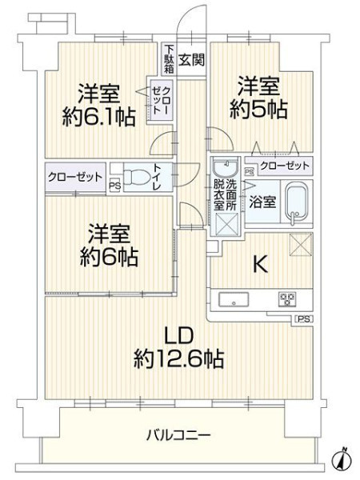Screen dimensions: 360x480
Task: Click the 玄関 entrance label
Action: pos(191,59)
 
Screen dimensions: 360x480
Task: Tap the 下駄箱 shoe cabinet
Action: pos(169,59)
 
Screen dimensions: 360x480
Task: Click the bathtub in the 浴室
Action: pos(295,203)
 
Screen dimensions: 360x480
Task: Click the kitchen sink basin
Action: pos(234,300)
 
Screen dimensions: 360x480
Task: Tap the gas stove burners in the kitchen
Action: pos(287,299)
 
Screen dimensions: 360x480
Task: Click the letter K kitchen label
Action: pos(261,264)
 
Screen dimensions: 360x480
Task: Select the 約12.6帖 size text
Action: pos(178,358)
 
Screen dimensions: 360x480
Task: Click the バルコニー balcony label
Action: pos(178,434)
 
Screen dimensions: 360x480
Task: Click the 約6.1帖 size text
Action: pos(99,117)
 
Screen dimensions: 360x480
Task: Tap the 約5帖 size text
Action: pos(258,110)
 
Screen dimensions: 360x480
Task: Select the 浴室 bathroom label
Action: pos(262,202)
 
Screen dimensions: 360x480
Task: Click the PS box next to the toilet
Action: pos(115,186)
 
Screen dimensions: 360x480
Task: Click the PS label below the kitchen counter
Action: pos(304,319)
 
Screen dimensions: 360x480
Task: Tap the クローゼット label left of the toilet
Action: pos(75,177)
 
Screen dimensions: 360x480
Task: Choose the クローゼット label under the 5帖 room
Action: pos(285,166)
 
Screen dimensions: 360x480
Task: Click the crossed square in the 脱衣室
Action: pos(227,224)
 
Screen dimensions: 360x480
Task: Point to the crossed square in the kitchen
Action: pos(301,244)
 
